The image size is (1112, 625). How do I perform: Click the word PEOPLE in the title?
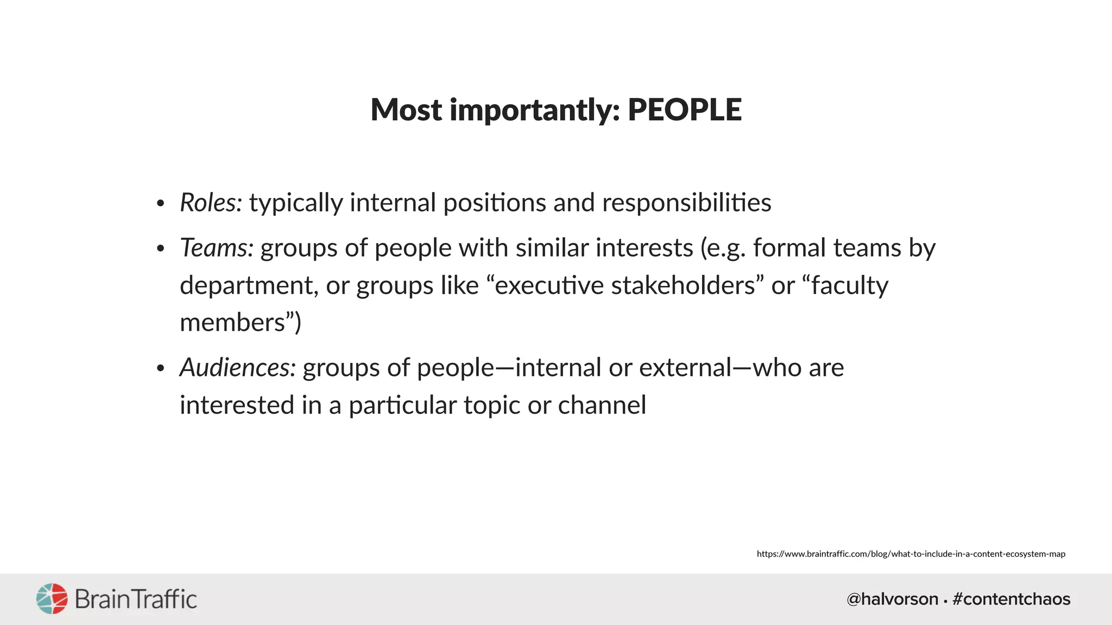pyautogui.click(x=685, y=110)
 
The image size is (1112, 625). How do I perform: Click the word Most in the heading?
pyautogui.click(x=406, y=110)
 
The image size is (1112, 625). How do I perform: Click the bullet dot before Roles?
pyautogui.click(x=160, y=204)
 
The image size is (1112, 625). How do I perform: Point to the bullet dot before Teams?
pyautogui.click(x=160, y=249)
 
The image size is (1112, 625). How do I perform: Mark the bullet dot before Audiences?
pyautogui.click(x=160, y=368)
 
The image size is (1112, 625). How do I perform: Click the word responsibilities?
pyautogui.click(x=686, y=203)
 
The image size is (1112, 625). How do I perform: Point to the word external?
pyautogui.click(x=685, y=367)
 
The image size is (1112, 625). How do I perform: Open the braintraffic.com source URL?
pyautogui.click(x=911, y=554)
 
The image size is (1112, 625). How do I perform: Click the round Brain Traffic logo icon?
pyautogui.click(x=52, y=599)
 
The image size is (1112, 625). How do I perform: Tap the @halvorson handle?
pyautogui.click(x=892, y=599)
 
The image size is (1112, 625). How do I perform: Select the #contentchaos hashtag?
pyautogui.click(x=1011, y=599)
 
